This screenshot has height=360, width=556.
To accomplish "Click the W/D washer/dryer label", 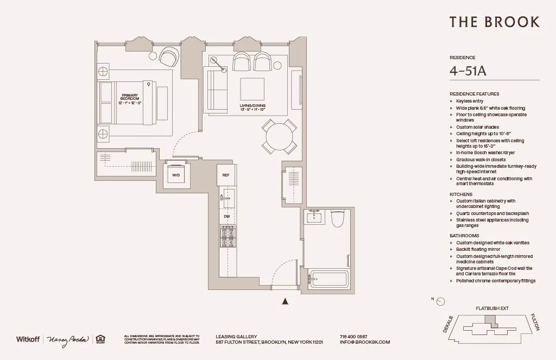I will pos(176,175).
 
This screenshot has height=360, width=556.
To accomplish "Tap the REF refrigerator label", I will pos(226,175).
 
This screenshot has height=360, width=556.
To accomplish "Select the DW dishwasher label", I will pos(226,216).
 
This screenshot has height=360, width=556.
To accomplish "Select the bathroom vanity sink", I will pos(314,218).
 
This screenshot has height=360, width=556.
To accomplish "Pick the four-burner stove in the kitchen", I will pos(228,236).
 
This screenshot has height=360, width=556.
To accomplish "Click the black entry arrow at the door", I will pos(285,301).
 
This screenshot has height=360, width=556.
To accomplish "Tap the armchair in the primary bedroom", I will pos(169,56).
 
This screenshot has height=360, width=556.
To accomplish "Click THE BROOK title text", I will pos(494,22).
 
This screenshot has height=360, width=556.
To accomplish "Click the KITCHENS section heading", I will pos(461,194).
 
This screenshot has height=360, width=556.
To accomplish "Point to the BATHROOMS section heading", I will pos(464,236).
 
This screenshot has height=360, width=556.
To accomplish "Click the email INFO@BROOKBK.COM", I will pos(365,342).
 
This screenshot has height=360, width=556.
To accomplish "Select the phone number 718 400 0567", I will pos(353,336).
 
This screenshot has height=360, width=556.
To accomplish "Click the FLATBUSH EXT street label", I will pos(492,308).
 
